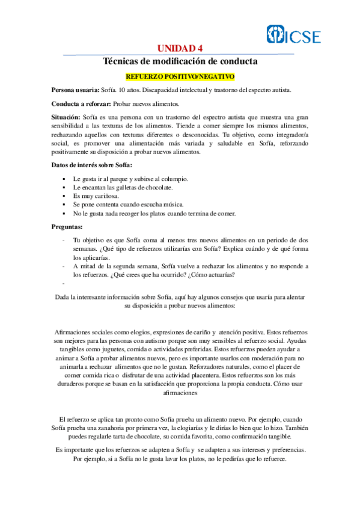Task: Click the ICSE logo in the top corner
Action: click(x=294, y=36)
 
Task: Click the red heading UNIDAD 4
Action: click(x=180, y=49)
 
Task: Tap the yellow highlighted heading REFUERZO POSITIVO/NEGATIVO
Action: click(x=180, y=77)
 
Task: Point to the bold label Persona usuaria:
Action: click(x=75, y=90)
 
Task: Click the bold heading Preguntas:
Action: click(x=70, y=227)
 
